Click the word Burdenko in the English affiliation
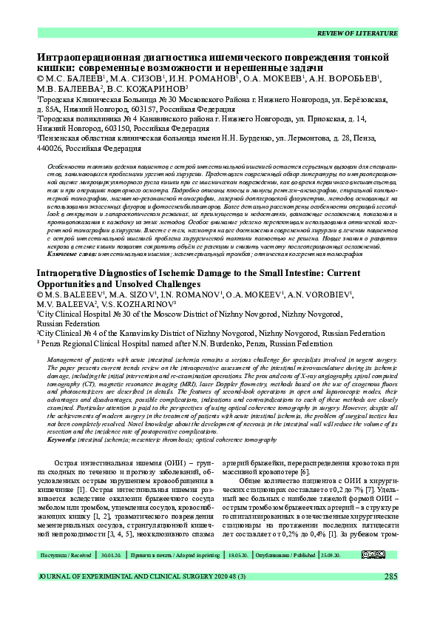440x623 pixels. [x=246, y=344]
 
